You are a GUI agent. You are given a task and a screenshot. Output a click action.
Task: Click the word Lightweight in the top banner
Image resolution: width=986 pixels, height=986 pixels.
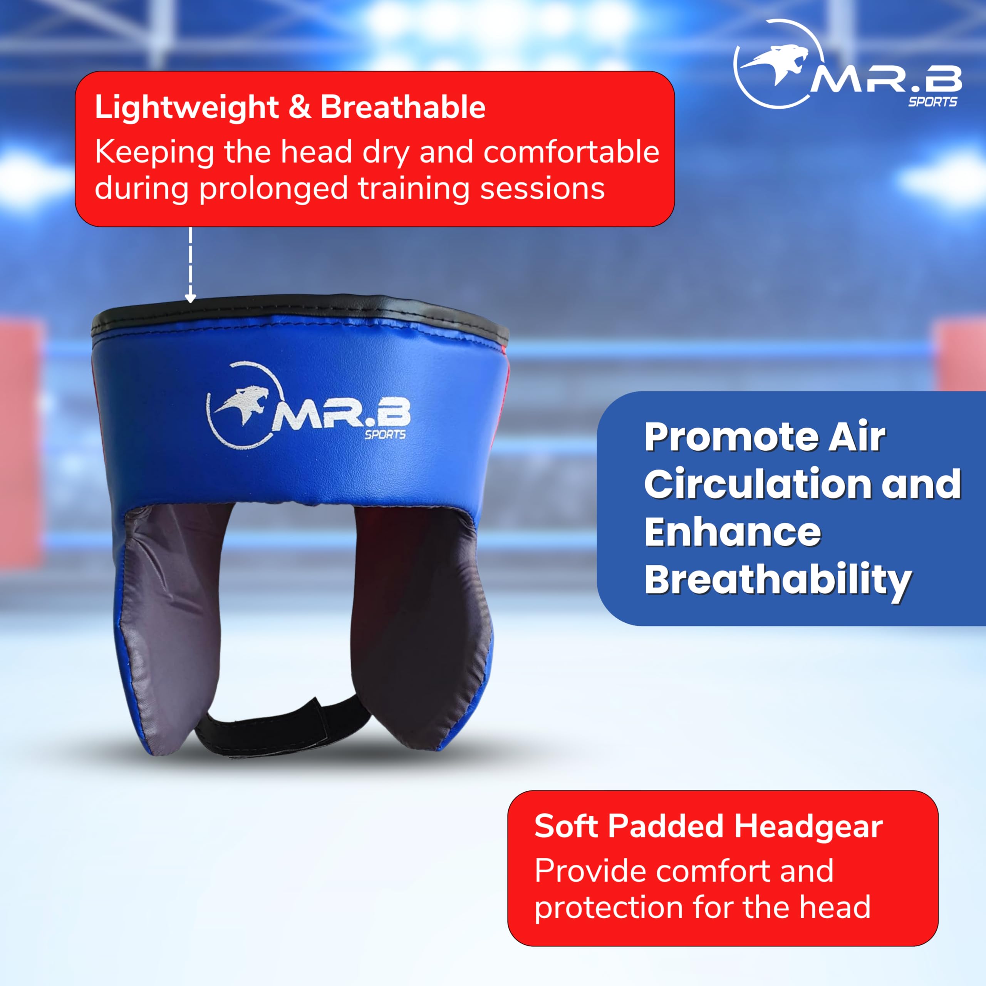click(187, 108)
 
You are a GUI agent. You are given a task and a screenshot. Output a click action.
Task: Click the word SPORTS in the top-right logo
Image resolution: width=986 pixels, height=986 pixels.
click(932, 102)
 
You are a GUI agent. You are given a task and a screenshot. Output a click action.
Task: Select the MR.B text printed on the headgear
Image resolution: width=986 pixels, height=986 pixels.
click(342, 417)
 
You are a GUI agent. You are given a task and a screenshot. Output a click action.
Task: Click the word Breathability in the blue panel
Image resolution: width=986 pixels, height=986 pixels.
click(777, 581)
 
